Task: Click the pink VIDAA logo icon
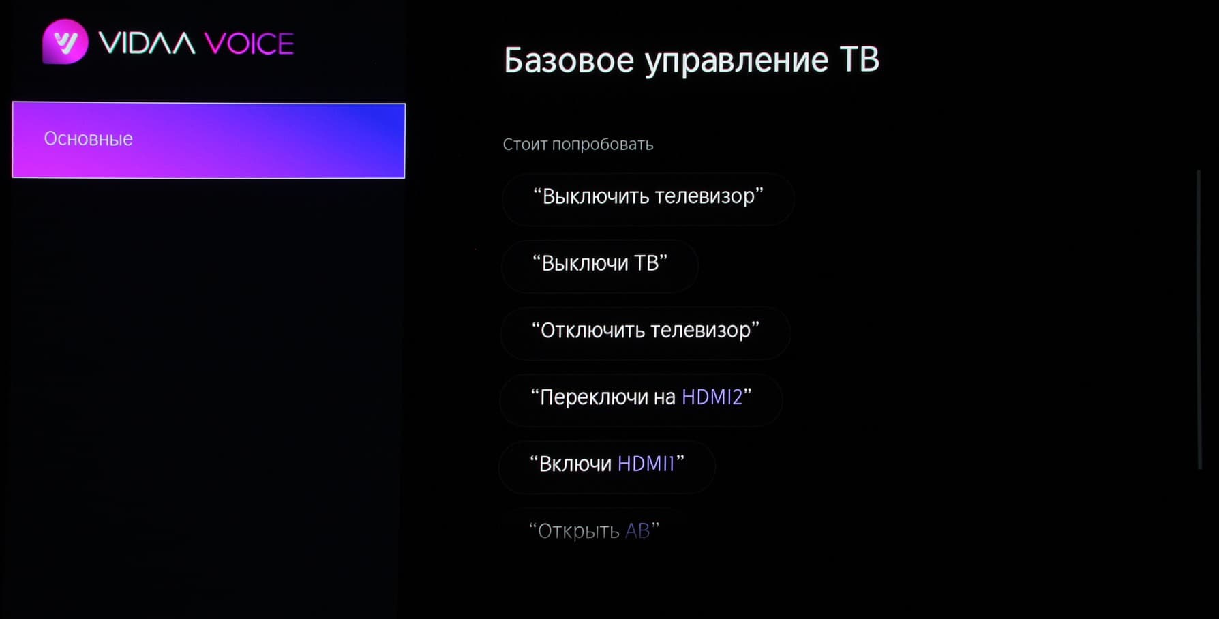65,42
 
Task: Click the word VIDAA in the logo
147,44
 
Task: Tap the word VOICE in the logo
249,44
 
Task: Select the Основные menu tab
209,140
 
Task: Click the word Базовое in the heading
569,60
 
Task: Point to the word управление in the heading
736,62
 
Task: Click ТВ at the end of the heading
860,59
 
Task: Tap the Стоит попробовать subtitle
578,145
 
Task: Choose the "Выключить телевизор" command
648,198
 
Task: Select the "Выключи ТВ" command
600,265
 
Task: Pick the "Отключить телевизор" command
645,332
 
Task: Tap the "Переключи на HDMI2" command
641,399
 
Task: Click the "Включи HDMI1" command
607,466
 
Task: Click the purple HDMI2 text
712,397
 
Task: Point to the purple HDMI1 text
646,464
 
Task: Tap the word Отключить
591,331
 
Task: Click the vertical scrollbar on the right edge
1199,319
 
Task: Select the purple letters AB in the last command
637,530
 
